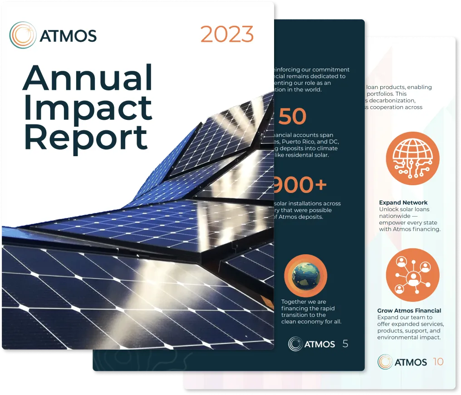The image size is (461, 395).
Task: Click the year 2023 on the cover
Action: [x=227, y=35]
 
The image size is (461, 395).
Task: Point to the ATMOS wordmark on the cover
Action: [x=68, y=35]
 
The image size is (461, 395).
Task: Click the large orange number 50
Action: [x=292, y=117]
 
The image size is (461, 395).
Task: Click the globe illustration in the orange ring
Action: [x=305, y=276]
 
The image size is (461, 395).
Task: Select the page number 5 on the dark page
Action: [x=345, y=344]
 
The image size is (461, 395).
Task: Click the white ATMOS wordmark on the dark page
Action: [x=320, y=344]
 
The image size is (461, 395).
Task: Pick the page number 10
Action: [x=438, y=362]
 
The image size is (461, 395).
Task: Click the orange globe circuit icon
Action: [x=412, y=158]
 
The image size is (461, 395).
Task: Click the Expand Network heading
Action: [x=403, y=202]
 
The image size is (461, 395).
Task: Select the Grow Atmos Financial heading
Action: [x=409, y=311]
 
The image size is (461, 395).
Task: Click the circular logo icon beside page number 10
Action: [x=385, y=362]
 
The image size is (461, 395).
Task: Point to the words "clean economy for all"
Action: [x=311, y=321]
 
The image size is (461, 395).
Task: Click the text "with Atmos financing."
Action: [x=410, y=229]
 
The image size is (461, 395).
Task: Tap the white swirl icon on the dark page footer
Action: [x=295, y=344]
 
